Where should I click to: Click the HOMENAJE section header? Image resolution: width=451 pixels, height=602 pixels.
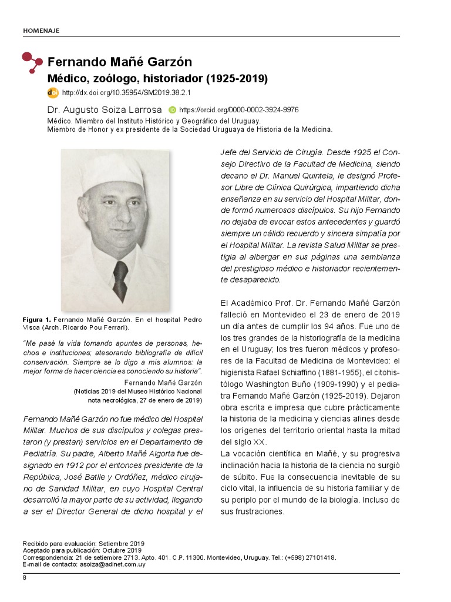[41, 30]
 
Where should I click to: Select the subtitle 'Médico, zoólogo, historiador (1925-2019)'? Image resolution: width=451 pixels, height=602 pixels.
[157, 78]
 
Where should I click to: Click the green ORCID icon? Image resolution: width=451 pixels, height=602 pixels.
[173, 110]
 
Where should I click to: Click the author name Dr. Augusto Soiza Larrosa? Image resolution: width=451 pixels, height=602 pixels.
[104, 110]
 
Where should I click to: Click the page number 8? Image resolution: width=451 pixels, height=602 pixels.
[25, 578]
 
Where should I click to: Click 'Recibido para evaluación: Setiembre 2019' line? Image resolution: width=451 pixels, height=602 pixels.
[83, 544]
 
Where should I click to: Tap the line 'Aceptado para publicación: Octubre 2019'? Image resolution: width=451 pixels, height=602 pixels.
[82, 550]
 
